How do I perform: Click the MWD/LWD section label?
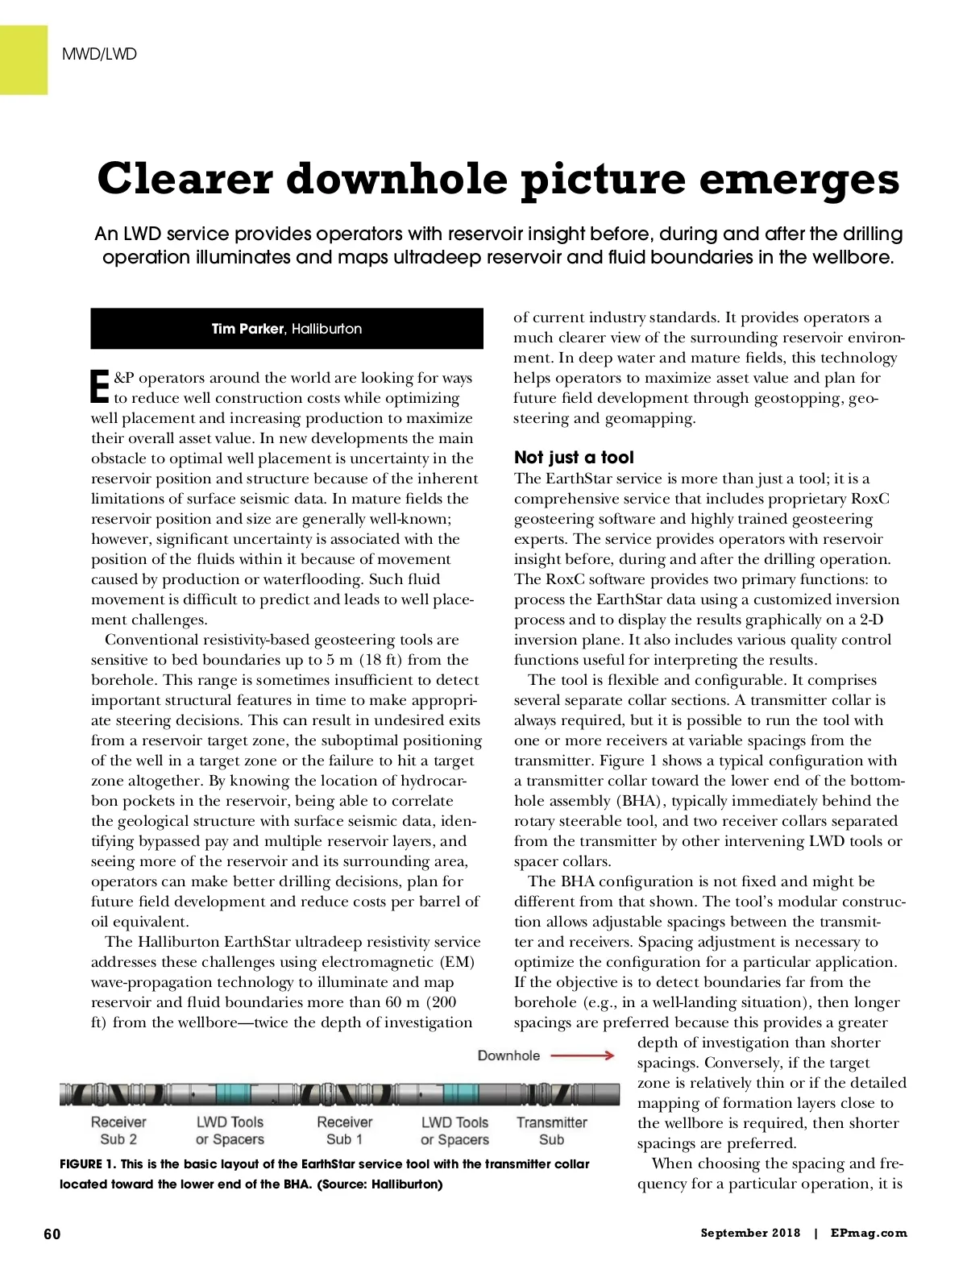(x=99, y=54)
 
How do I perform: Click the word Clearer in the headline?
(x=185, y=178)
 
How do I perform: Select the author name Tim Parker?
(x=247, y=329)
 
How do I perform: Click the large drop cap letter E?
(x=100, y=387)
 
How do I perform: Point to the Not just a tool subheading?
(x=574, y=457)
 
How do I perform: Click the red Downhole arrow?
(x=583, y=1055)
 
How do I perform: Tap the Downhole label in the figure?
(x=508, y=1055)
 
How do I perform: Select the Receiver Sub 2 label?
(x=118, y=1130)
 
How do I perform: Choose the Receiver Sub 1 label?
(x=345, y=1130)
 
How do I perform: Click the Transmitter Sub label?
(x=552, y=1130)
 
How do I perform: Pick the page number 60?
(x=52, y=1234)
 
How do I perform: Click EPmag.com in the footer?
(x=869, y=1233)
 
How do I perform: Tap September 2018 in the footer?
(x=750, y=1233)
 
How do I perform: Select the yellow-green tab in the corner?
(x=23, y=60)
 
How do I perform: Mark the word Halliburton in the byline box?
(x=326, y=329)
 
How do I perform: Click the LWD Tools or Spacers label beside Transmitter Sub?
(x=454, y=1130)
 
